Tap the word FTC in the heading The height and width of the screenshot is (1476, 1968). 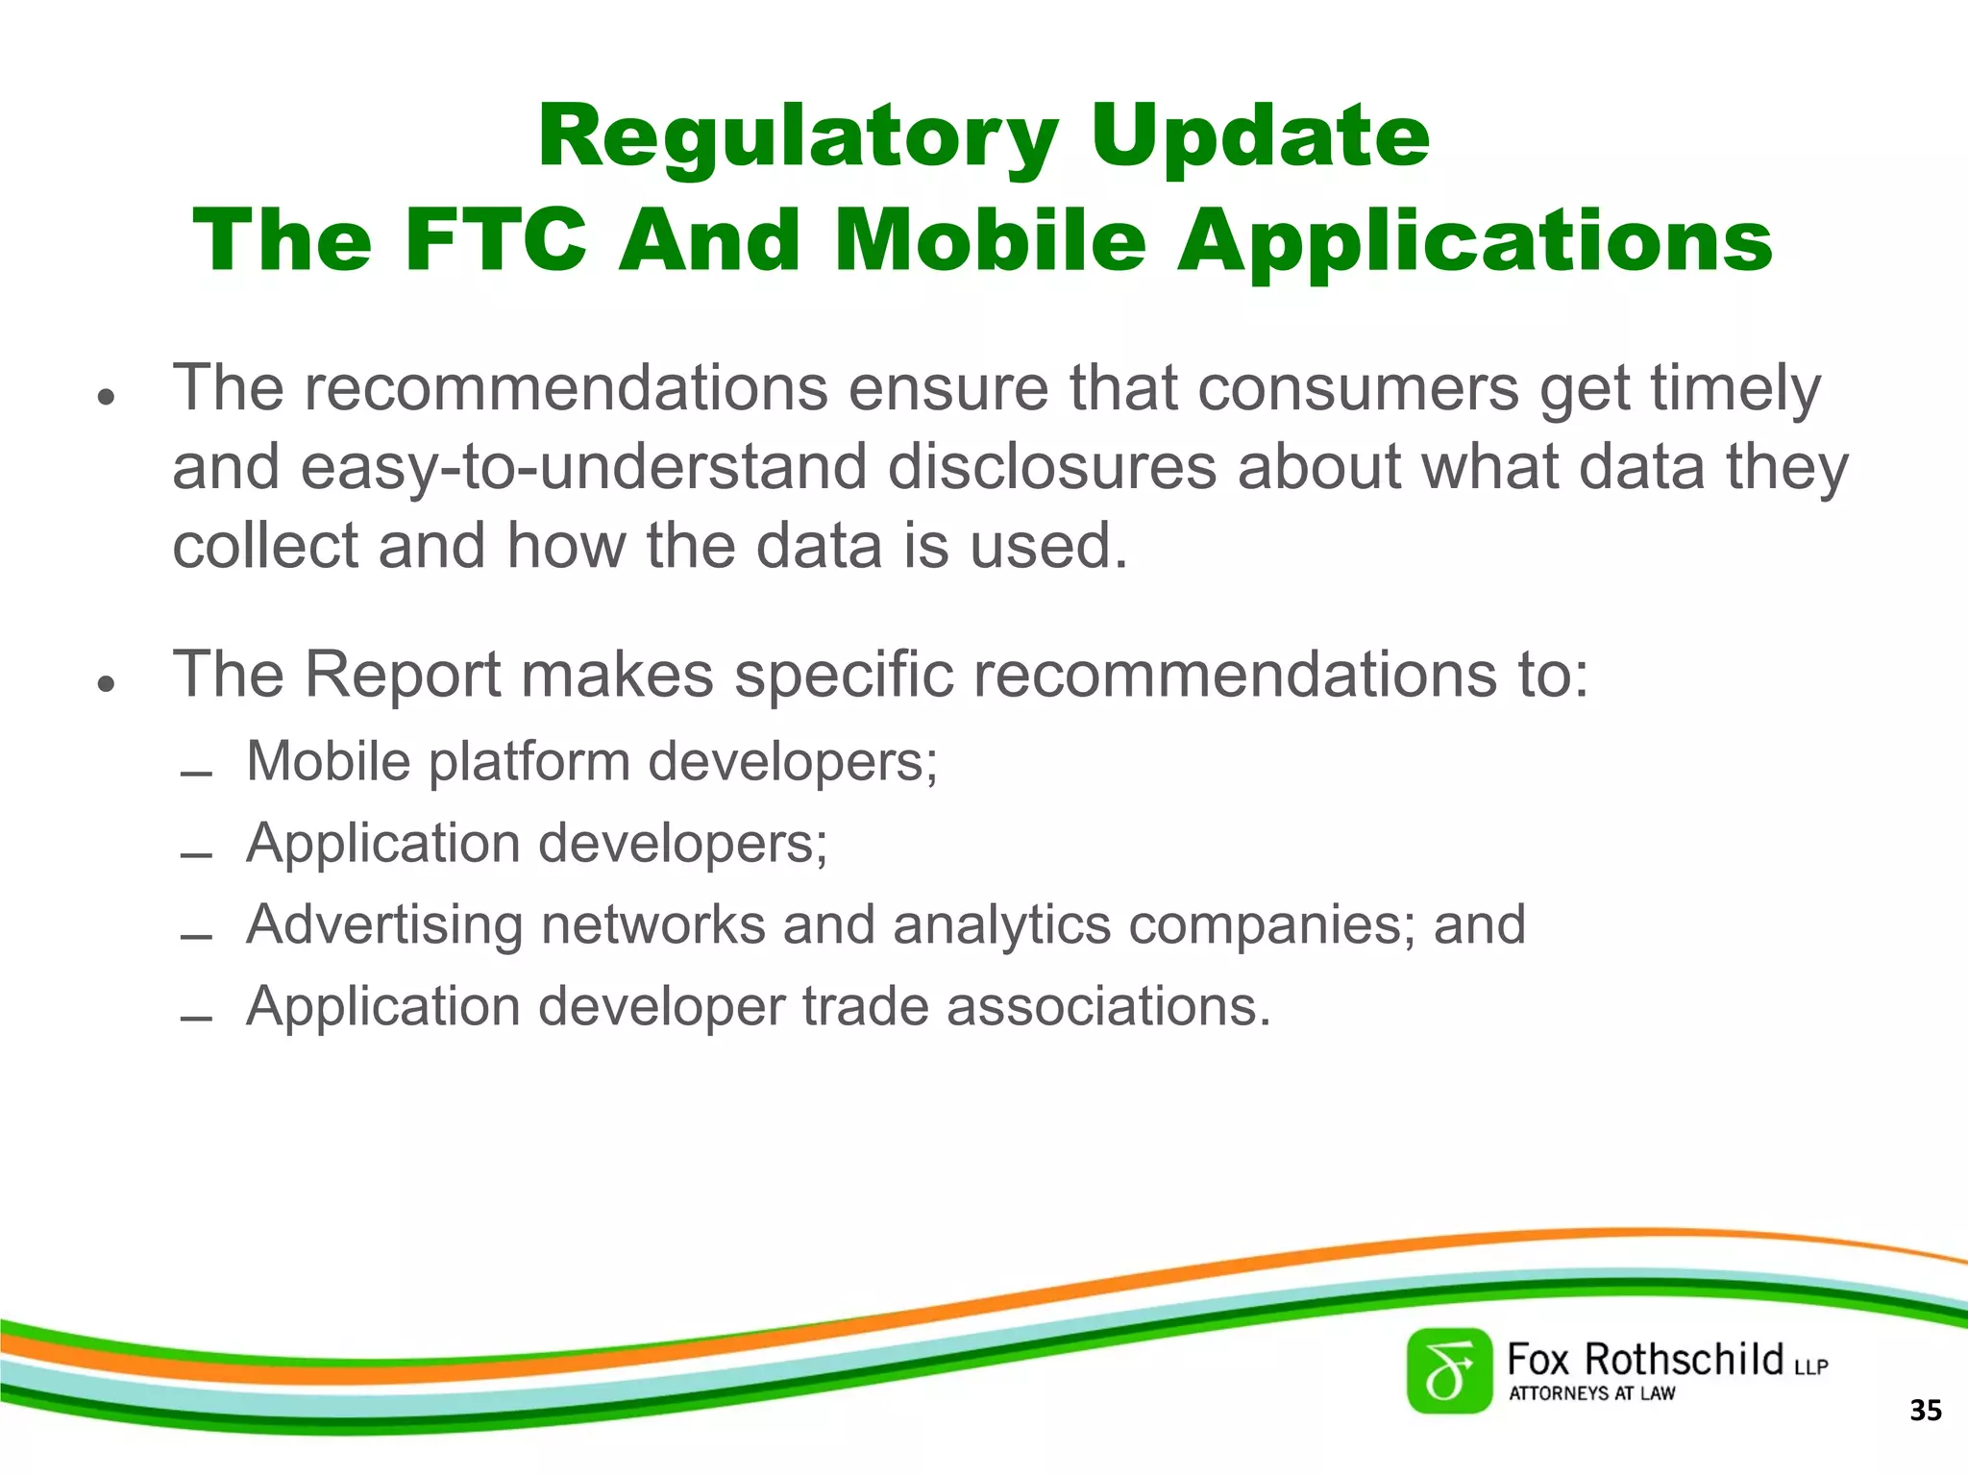(x=495, y=240)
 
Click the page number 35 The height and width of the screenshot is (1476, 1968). (x=1925, y=1411)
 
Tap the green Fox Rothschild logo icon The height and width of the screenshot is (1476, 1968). (x=1449, y=1371)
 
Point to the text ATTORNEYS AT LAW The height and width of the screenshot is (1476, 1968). (x=1591, y=1393)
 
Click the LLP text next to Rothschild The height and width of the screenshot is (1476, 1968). (x=1810, y=1366)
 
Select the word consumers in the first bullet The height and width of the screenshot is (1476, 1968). (x=1358, y=388)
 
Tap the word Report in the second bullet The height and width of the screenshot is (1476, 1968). (x=403, y=675)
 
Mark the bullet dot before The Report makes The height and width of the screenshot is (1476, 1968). (x=107, y=683)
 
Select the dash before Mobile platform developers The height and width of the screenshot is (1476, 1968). (x=196, y=773)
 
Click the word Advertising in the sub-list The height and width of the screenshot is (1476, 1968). (x=384, y=925)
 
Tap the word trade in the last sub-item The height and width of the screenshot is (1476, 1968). (x=865, y=1007)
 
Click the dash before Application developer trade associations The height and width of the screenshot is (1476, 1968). (x=196, y=1018)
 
